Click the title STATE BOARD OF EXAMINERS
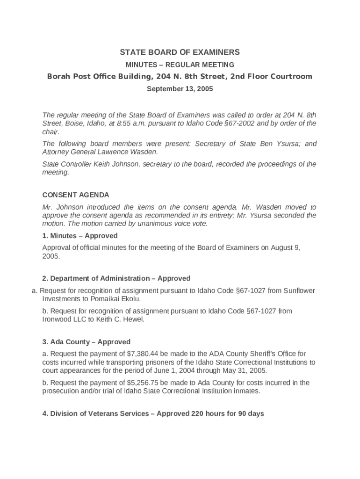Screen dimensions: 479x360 (x=180, y=52)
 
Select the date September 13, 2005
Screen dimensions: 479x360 (x=180, y=89)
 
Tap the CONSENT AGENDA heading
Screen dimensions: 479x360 (x=76, y=195)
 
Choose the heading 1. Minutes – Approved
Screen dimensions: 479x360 (x=80, y=236)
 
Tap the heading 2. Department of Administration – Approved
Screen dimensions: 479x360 (x=116, y=278)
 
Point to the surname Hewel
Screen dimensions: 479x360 (x=134, y=319)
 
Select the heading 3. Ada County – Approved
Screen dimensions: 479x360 (x=86, y=342)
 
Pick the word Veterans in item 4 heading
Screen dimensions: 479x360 (x=109, y=414)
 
